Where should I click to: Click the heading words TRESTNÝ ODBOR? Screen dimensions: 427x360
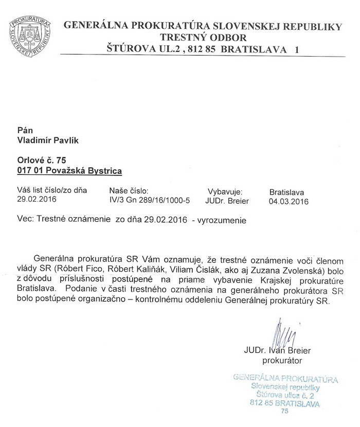pyautogui.click(x=203, y=38)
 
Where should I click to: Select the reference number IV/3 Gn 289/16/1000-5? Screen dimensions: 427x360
pyautogui.click(x=150, y=200)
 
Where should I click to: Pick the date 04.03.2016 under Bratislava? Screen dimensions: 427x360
pyautogui.click(x=289, y=202)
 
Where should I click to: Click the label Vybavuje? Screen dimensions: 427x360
pyautogui.click(x=225, y=190)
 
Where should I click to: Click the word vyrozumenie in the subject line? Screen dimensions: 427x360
pyautogui.click(x=224, y=220)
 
